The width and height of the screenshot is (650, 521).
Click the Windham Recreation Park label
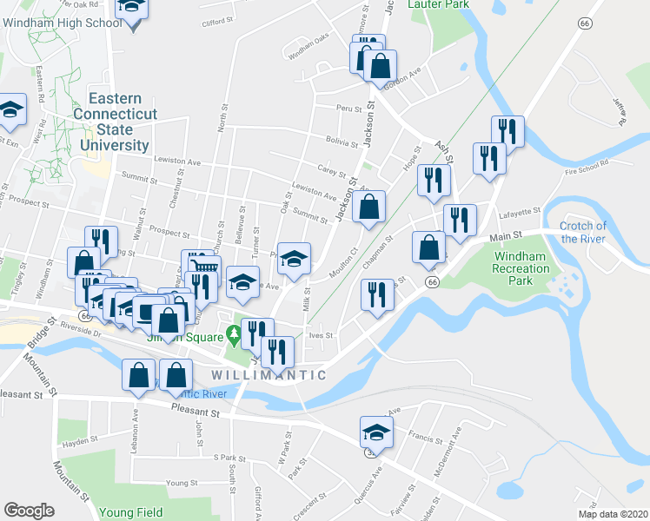522,268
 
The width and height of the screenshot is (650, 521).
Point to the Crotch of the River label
583,232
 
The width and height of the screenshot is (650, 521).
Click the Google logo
29,511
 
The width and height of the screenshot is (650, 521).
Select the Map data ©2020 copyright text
613,514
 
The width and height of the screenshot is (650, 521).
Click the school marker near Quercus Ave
376,432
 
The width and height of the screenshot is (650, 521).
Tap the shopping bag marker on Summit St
369,208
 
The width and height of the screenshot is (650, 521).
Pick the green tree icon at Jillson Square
232,333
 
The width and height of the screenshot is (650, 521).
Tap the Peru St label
349,109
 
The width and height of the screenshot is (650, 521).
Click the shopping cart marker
202,268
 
